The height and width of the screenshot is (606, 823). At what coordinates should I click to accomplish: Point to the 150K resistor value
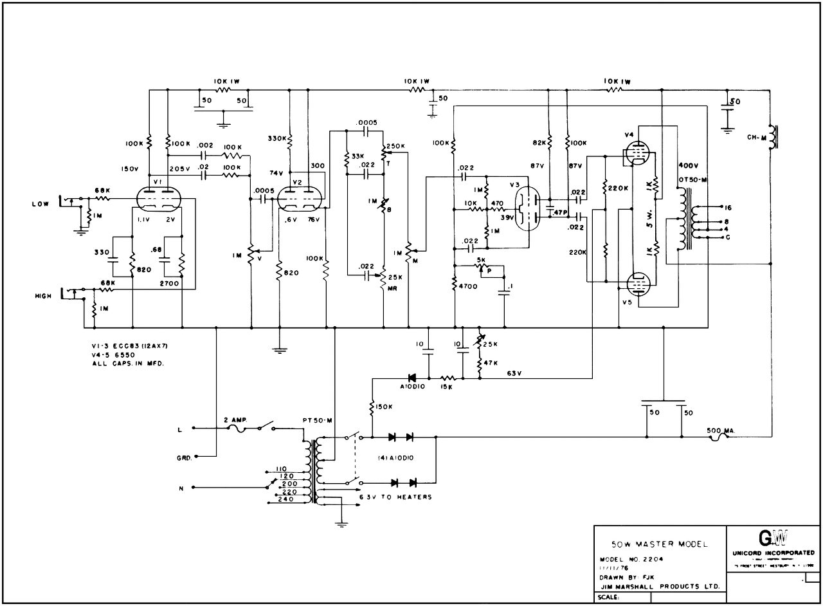click(x=384, y=406)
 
